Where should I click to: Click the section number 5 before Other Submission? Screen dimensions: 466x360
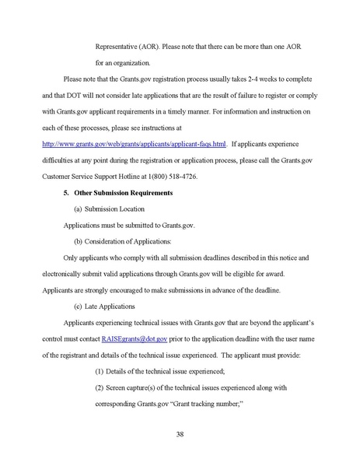point(65,192)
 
